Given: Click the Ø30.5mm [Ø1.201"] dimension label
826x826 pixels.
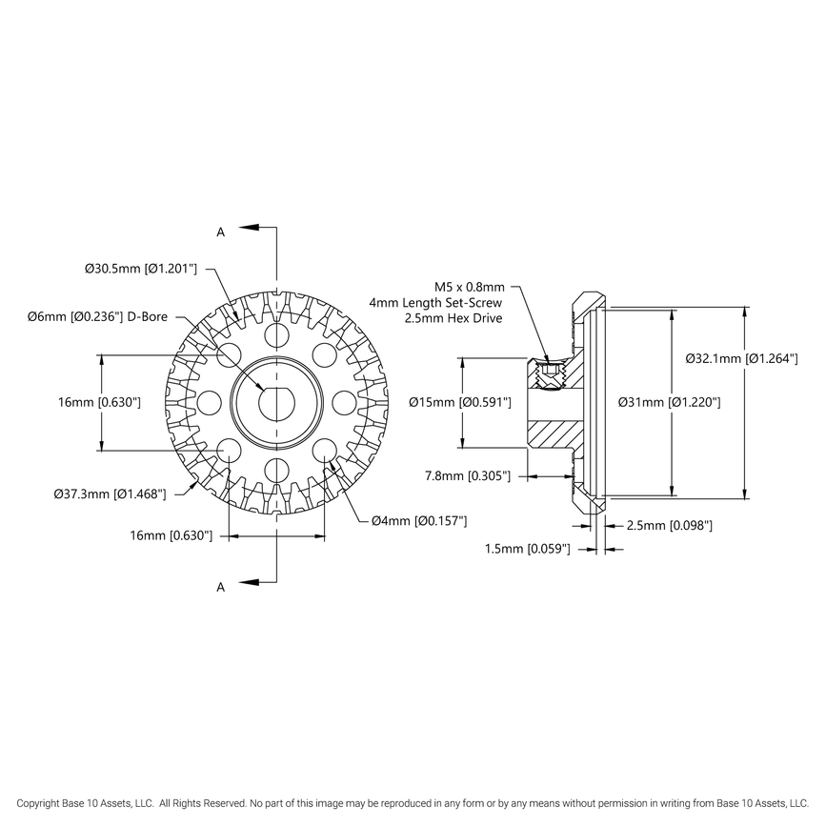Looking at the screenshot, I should coord(140,270).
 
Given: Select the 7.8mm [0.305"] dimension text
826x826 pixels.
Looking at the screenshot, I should coord(468,474).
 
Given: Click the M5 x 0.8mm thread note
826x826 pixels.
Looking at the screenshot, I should coord(470,286).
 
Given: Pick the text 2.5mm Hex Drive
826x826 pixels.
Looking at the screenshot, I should coord(453,318).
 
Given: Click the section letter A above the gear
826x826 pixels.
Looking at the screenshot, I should coord(221,232).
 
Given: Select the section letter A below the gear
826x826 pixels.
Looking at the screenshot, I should coord(221,588).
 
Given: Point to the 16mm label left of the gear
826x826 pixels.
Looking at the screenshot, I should coord(99,403).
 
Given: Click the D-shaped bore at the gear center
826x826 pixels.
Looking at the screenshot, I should coord(275,401).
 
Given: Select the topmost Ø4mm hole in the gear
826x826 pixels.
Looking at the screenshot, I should coord(276,334).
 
